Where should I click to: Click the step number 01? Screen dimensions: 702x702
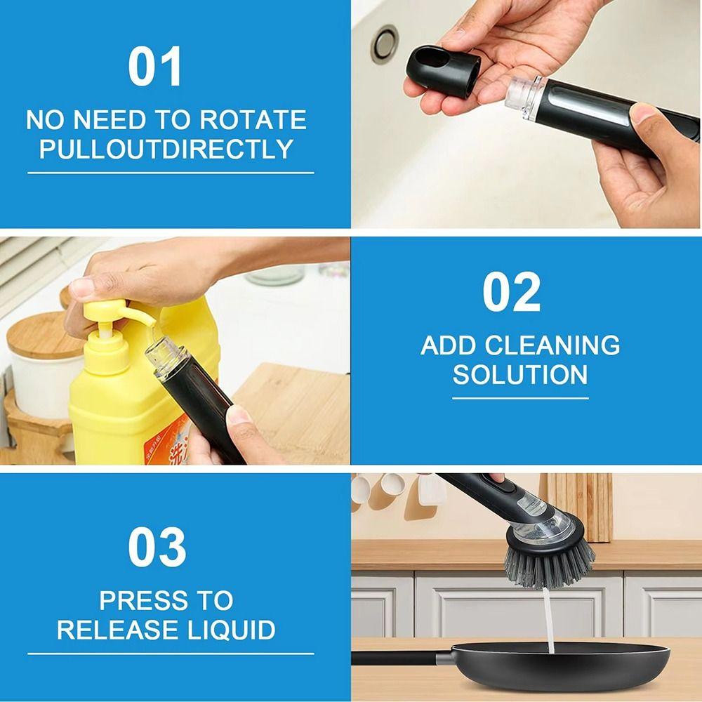pyautogui.click(x=155, y=67)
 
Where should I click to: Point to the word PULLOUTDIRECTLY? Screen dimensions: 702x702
pyautogui.click(x=166, y=149)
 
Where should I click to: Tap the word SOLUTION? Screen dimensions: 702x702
pyautogui.click(x=519, y=375)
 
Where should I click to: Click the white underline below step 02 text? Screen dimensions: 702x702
pyautogui.click(x=519, y=398)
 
